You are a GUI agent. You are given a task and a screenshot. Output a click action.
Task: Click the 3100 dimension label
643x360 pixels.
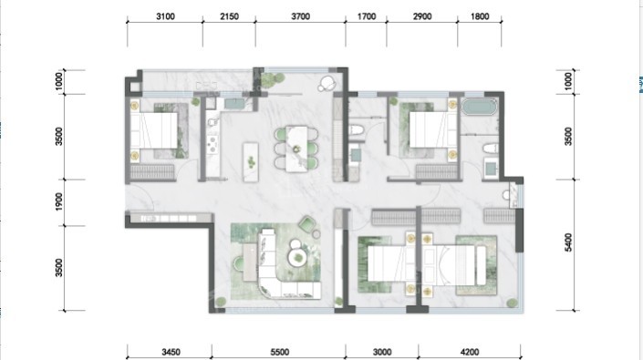(x=165, y=16)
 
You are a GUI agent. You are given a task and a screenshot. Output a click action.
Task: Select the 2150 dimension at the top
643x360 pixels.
(x=229, y=16)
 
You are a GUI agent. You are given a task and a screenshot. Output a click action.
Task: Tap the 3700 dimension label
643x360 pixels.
(x=300, y=16)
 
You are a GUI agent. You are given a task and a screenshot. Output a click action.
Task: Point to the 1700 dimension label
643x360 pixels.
(x=367, y=16)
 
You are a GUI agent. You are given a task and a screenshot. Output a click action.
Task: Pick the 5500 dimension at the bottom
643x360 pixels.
(x=280, y=352)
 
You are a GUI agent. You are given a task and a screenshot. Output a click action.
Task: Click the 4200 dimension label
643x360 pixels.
(x=470, y=352)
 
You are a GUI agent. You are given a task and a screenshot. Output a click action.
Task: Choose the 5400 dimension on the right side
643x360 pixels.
(x=568, y=242)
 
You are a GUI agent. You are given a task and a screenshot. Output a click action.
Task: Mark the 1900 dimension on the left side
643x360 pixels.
(x=59, y=202)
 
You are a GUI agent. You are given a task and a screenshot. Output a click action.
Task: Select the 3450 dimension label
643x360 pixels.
(x=171, y=352)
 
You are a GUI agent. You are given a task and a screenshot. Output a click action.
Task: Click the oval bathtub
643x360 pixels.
(x=479, y=108)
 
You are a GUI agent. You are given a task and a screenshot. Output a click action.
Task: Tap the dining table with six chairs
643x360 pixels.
(x=296, y=149)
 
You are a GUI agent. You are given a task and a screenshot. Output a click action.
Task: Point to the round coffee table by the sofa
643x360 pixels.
(x=298, y=258)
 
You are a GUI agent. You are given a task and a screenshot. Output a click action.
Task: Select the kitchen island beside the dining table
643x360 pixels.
(x=251, y=162)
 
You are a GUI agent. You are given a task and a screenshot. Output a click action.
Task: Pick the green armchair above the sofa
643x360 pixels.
(x=307, y=224)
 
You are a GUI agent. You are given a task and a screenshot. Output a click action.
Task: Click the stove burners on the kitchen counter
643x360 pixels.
(x=213, y=144)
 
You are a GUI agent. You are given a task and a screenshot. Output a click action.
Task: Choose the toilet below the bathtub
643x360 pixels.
(x=491, y=149)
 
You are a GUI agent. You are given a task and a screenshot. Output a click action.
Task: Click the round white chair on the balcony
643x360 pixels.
(x=327, y=83)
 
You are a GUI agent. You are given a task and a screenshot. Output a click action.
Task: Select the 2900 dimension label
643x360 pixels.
(x=422, y=16)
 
